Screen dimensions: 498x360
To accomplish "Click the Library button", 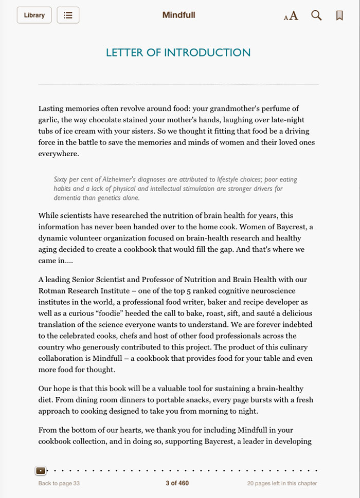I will [34, 15].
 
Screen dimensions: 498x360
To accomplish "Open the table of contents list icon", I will [68, 15].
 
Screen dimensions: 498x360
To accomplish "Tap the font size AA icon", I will [291, 15].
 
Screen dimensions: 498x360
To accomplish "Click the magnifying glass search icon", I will [316, 15].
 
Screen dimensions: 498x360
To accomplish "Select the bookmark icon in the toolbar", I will [339, 15].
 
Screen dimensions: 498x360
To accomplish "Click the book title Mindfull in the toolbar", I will [178, 15].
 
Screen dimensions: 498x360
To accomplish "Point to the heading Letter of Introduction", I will [178, 52].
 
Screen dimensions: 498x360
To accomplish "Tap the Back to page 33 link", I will [59, 483].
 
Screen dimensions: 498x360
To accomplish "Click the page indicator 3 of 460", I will [177, 483].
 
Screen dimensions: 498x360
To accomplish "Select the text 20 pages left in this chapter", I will [282, 483].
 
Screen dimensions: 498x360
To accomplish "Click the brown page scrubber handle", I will [41, 470].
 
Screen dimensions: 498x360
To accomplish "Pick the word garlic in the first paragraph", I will [49, 120].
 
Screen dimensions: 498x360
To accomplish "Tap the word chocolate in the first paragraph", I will [109, 120].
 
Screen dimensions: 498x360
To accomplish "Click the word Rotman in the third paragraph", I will [53, 291].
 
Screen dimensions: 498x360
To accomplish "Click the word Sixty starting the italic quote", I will [62, 179].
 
